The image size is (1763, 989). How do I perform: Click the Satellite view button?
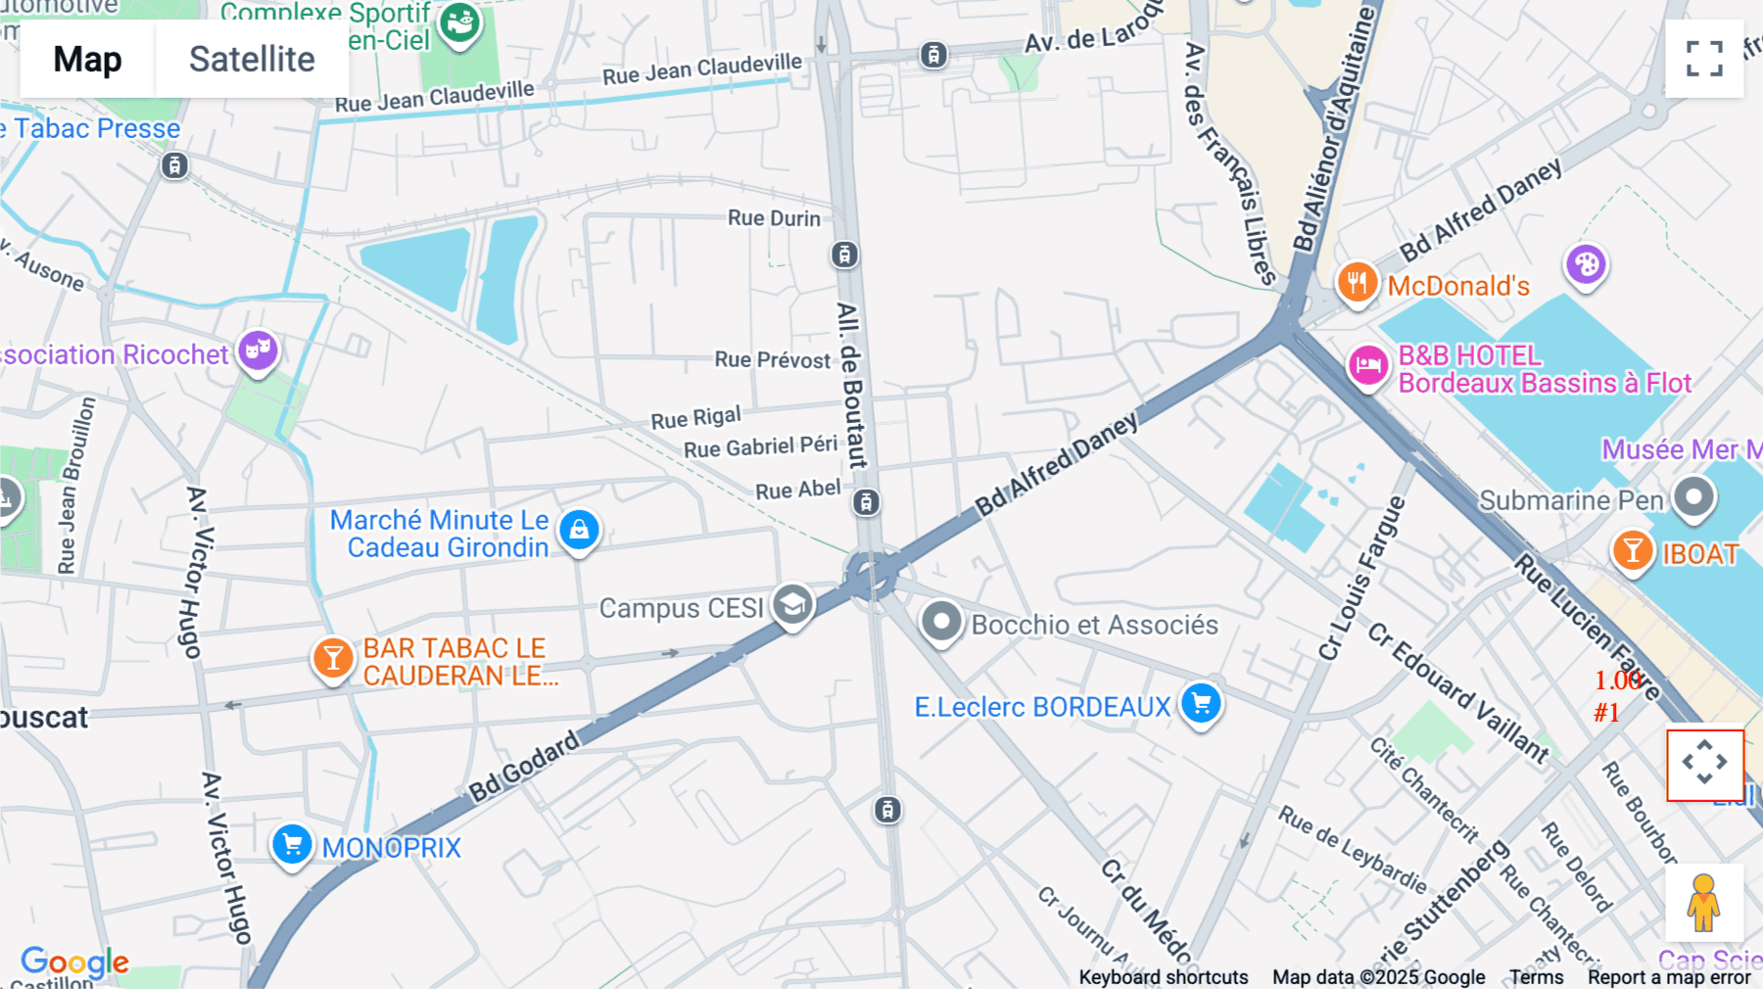(x=252, y=59)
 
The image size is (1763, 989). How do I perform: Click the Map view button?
(x=87, y=59)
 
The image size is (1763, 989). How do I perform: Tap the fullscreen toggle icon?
(x=1704, y=59)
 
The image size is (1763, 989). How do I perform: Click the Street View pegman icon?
(x=1704, y=902)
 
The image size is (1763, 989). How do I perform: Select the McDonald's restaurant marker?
(x=1357, y=283)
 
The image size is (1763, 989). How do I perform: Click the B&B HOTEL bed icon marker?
(x=1367, y=366)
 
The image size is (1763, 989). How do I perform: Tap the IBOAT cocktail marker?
(x=1633, y=550)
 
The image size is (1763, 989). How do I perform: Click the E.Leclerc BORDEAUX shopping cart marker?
(x=1201, y=702)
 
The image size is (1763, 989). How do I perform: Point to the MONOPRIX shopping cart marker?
(x=292, y=844)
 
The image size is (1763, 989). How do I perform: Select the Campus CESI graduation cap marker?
(x=792, y=605)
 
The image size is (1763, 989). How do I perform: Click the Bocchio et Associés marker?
(x=941, y=621)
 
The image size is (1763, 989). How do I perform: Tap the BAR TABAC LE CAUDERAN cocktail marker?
(x=333, y=658)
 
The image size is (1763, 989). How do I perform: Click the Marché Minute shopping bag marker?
(x=579, y=530)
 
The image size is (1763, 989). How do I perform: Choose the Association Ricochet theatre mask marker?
(x=258, y=350)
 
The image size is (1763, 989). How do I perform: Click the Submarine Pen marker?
(x=1693, y=497)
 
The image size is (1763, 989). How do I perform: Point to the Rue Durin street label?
(x=774, y=218)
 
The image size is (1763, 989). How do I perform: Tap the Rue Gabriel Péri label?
(x=760, y=447)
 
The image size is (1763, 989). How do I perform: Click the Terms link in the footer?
(x=1536, y=976)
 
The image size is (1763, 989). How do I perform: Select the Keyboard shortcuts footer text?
(x=1163, y=976)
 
